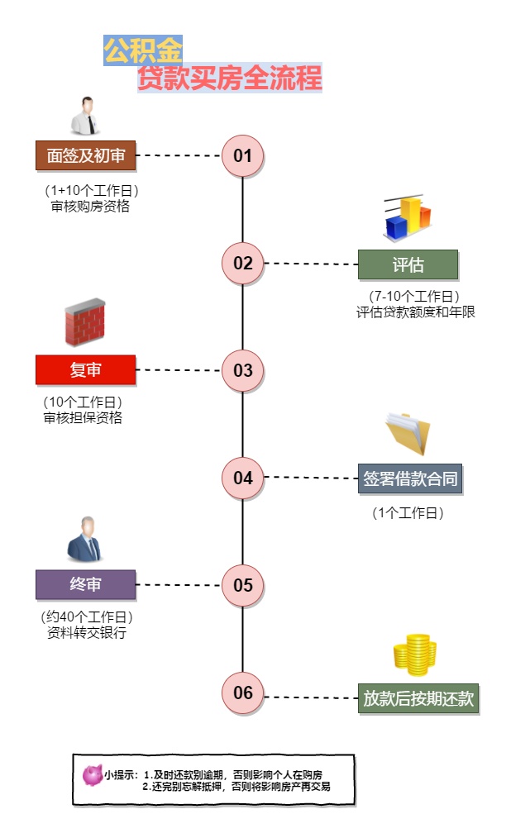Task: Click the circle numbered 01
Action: [242, 155]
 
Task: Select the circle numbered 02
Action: [242, 263]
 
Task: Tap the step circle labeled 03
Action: [242, 370]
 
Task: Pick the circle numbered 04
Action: [242, 478]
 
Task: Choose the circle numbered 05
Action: [242, 585]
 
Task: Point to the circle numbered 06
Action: [242, 693]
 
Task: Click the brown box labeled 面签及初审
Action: [85, 155]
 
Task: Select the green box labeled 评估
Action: [407, 264]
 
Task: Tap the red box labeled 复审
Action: [85, 370]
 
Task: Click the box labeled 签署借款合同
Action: [409, 478]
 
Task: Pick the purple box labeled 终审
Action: [85, 584]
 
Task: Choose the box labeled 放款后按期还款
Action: [418, 698]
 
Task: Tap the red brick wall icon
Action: [85, 322]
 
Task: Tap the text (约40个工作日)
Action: [87, 617]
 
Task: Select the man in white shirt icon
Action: [86, 116]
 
